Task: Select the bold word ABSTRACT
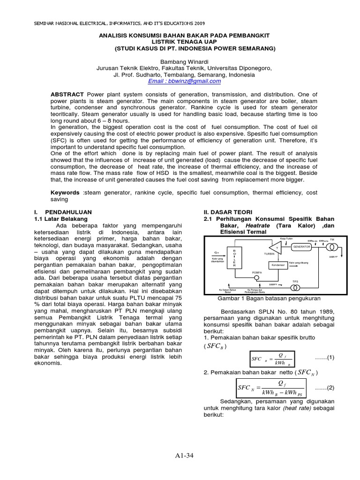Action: [x=67, y=94]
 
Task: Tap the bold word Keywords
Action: [x=65, y=192]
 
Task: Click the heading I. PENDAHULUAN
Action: [x=63, y=212]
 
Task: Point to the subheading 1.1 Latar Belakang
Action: [x=61, y=219]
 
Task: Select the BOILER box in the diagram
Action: [x=234, y=258]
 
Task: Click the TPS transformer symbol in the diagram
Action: [x=295, y=285]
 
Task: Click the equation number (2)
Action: [x=323, y=388]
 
